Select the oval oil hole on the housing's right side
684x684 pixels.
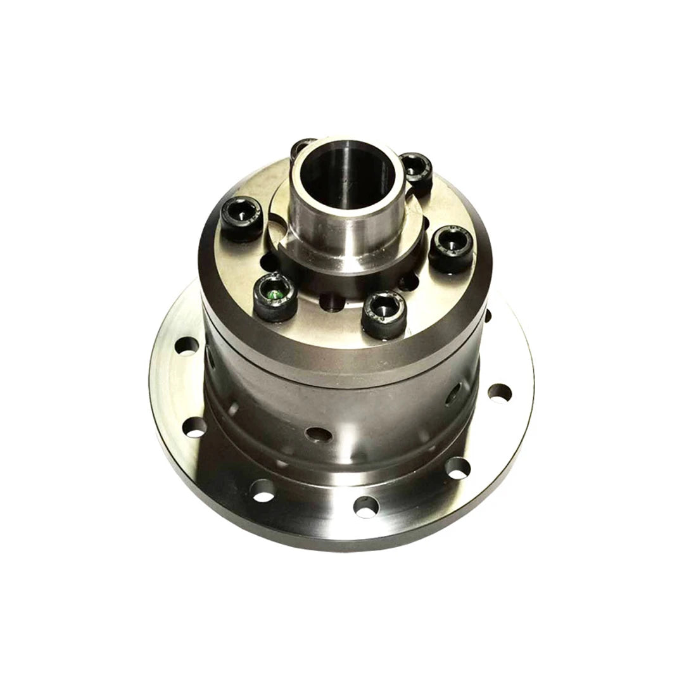[453, 396]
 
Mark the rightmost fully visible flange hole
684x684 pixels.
[499, 393]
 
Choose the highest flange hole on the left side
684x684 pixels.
[186, 347]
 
